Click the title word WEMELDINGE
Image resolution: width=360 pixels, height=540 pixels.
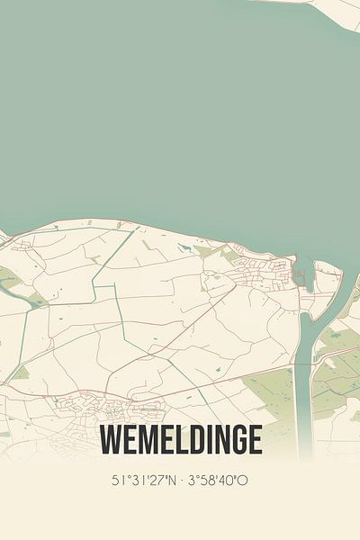click(181, 440)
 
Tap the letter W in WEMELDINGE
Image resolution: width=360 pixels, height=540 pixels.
click(112, 440)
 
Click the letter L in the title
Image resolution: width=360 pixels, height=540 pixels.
click(173, 440)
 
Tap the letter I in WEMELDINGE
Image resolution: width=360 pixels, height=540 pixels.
click(202, 440)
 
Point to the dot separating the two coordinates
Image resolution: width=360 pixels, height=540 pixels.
click(183, 480)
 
